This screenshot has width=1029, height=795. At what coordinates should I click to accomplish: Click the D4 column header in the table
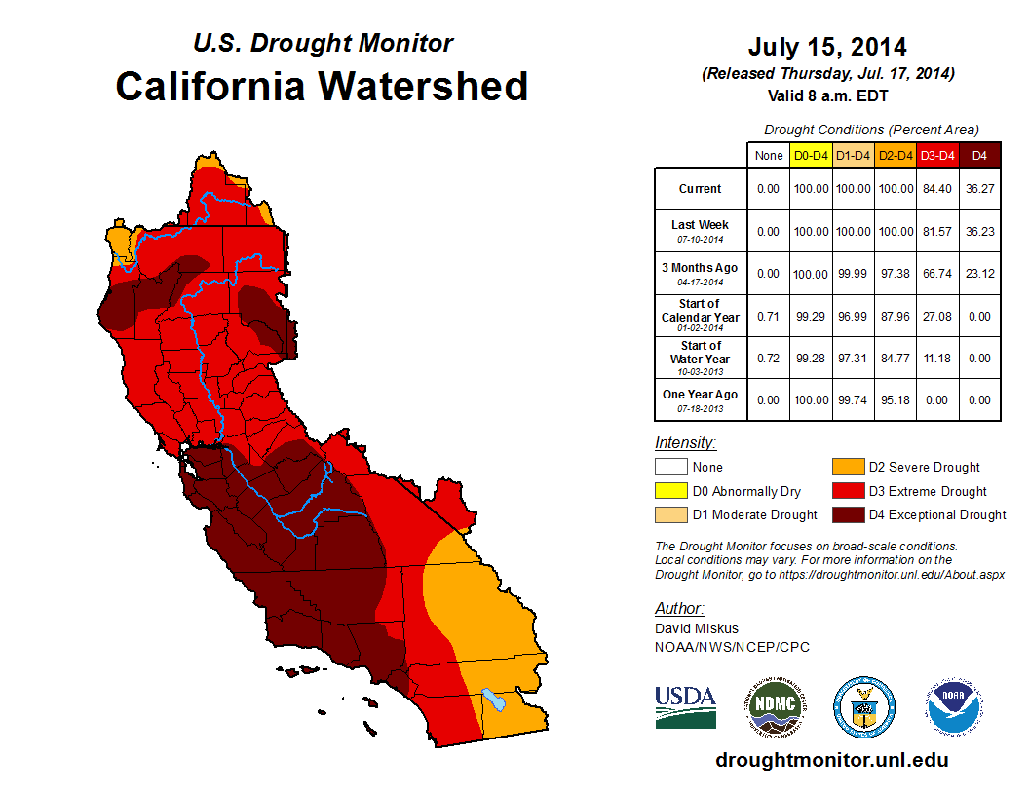(979, 155)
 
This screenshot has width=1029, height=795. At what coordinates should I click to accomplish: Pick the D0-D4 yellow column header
(811, 155)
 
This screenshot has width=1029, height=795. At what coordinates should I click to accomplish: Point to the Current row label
(701, 189)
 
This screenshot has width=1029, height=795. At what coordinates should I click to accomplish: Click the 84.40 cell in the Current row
(937, 189)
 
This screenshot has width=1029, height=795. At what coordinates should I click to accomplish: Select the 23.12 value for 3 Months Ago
(979, 274)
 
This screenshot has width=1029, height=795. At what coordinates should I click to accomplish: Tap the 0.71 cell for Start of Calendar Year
(768, 316)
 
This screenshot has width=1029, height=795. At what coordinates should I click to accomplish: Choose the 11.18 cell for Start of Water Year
(937, 359)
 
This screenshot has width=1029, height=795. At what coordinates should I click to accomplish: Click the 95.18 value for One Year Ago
(896, 400)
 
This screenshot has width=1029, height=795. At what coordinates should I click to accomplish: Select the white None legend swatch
(670, 467)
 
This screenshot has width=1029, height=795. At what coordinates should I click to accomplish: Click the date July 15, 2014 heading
(827, 47)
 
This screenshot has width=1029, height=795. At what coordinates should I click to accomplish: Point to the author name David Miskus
(697, 628)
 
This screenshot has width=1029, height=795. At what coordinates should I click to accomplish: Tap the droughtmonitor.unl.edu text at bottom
(831, 760)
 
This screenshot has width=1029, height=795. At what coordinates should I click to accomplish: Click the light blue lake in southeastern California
(493, 700)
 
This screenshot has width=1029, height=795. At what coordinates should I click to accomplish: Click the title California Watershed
(322, 86)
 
